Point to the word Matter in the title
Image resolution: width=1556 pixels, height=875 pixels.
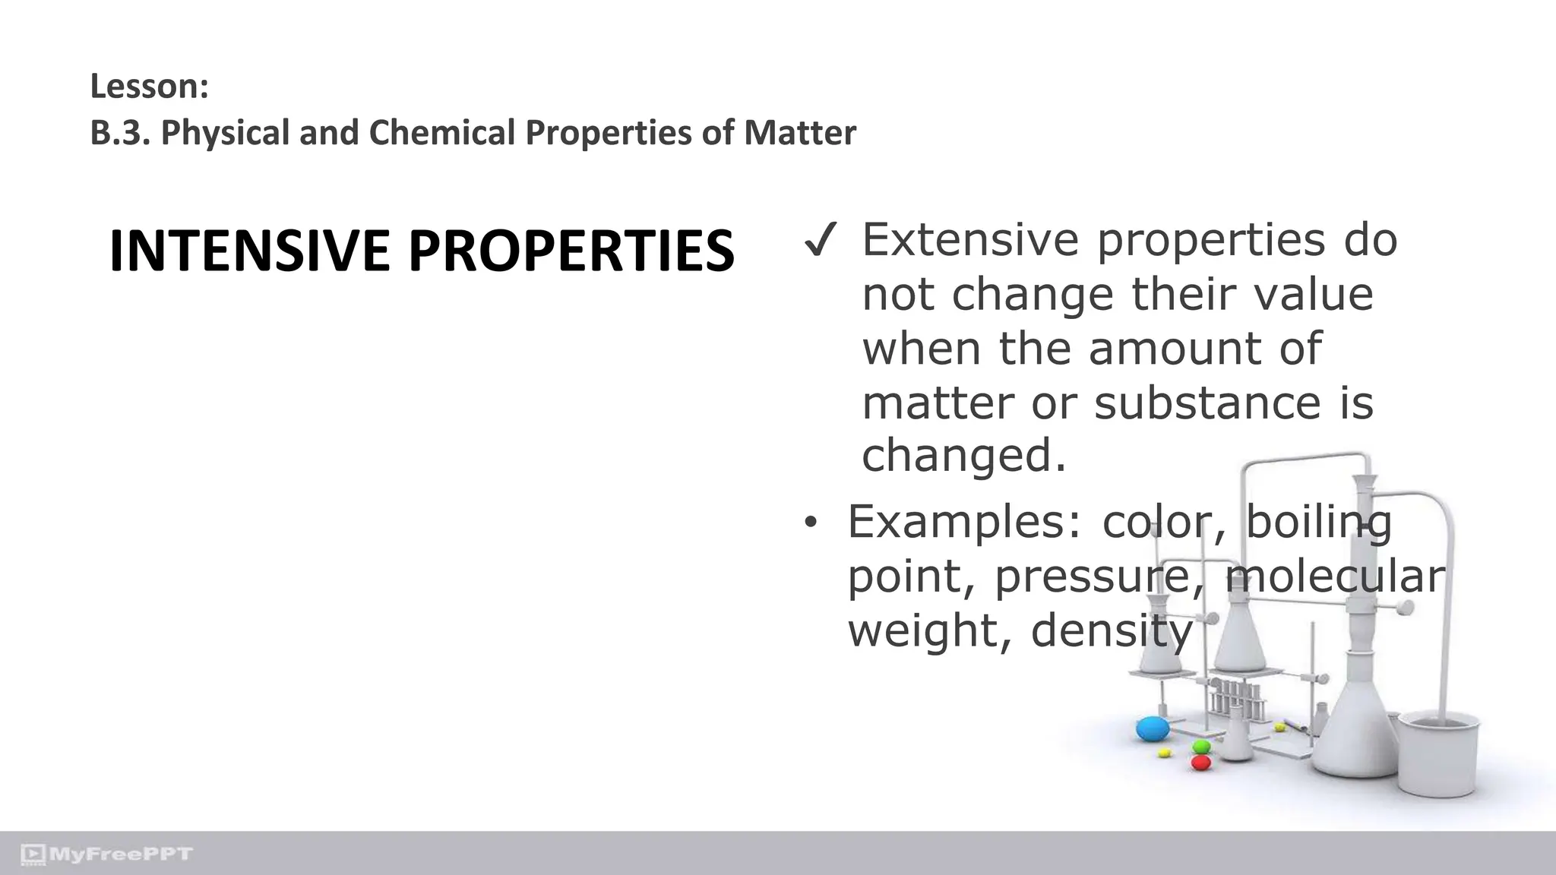pyautogui.click(x=800, y=133)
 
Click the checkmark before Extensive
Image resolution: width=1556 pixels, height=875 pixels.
pyautogui.click(x=821, y=242)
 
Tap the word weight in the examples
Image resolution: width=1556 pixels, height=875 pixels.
pyautogui.click(x=930, y=630)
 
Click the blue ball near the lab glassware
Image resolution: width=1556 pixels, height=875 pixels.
pyautogui.click(x=1152, y=729)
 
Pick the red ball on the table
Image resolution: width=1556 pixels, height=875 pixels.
pyautogui.click(x=1200, y=762)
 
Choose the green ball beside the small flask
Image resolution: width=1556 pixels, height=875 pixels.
pyautogui.click(x=1201, y=747)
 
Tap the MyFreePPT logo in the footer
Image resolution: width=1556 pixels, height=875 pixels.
pyautogui.click(x=107, y=854)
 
